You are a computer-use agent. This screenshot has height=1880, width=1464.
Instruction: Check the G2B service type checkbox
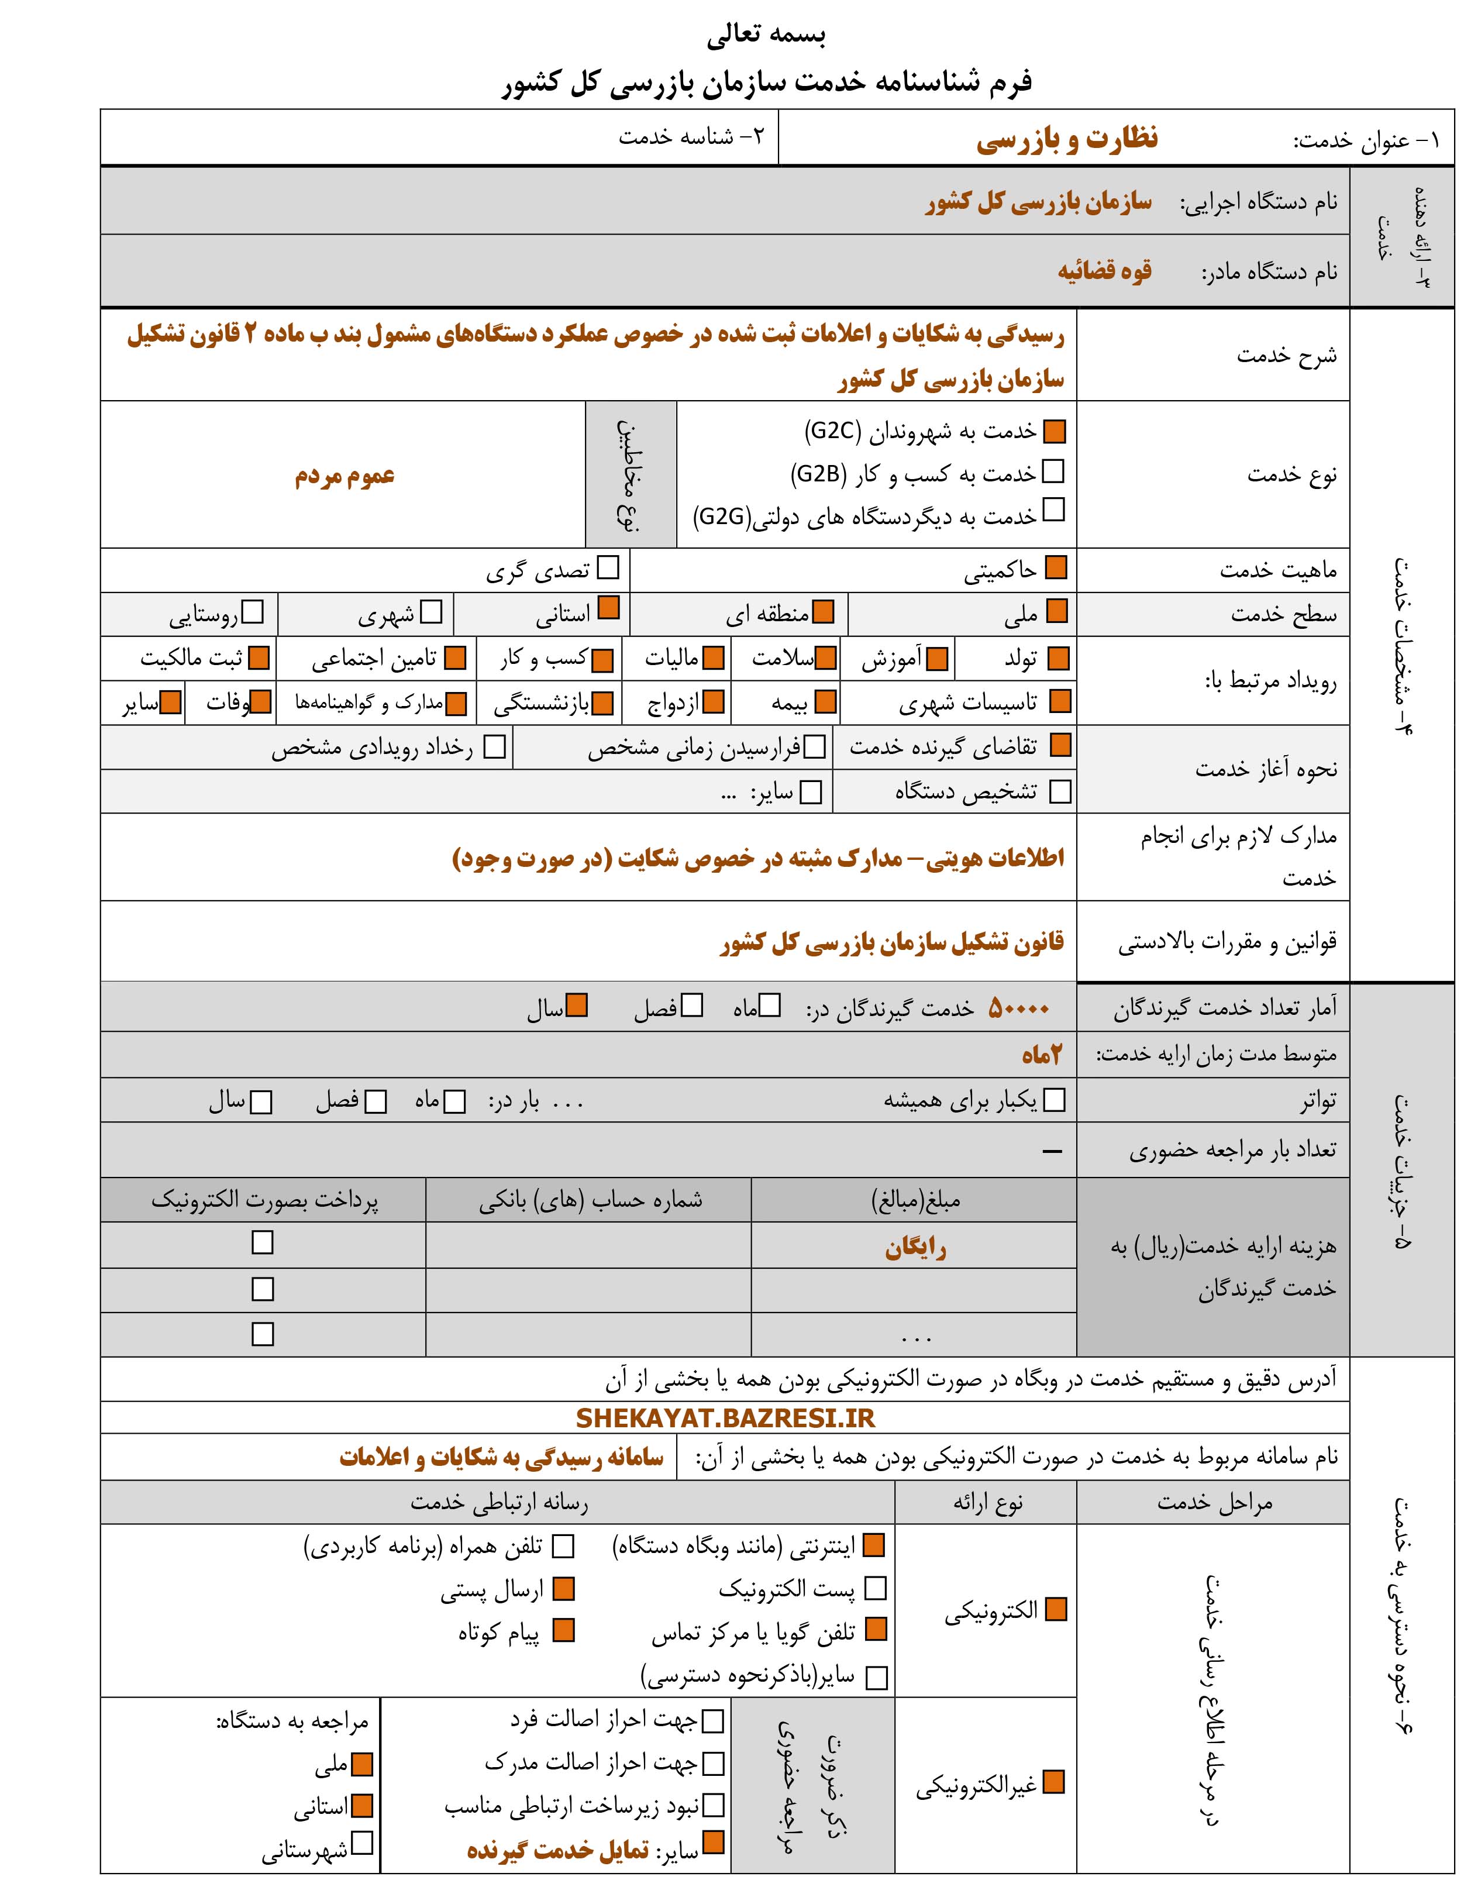[1053, 471]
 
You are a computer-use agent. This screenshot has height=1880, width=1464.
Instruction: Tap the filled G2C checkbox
[1053, 431]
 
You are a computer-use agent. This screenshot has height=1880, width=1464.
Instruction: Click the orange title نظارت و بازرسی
[1067, 139]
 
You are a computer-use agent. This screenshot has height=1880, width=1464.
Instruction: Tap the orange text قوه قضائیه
[1104, 271]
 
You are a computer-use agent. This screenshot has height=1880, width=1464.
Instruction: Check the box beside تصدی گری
[608, 568]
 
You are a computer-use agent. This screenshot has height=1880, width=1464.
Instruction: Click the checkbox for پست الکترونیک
[876, 1588]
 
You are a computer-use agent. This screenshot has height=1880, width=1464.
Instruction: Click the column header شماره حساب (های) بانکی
[590, 1200]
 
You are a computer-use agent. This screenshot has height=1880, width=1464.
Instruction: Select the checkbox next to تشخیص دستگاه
[1060, 791]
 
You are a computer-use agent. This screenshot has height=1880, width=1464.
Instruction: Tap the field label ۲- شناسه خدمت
[691, 137]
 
